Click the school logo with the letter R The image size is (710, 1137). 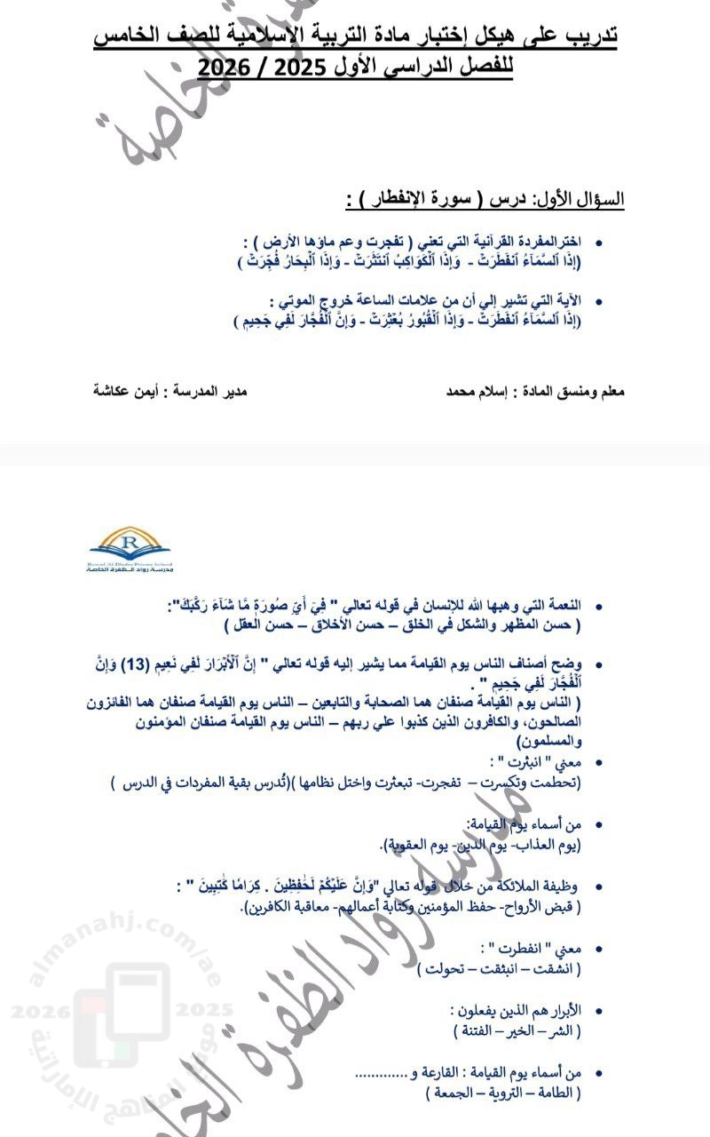tap(131, 549)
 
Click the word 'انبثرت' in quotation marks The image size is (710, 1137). tap(518, 762)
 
